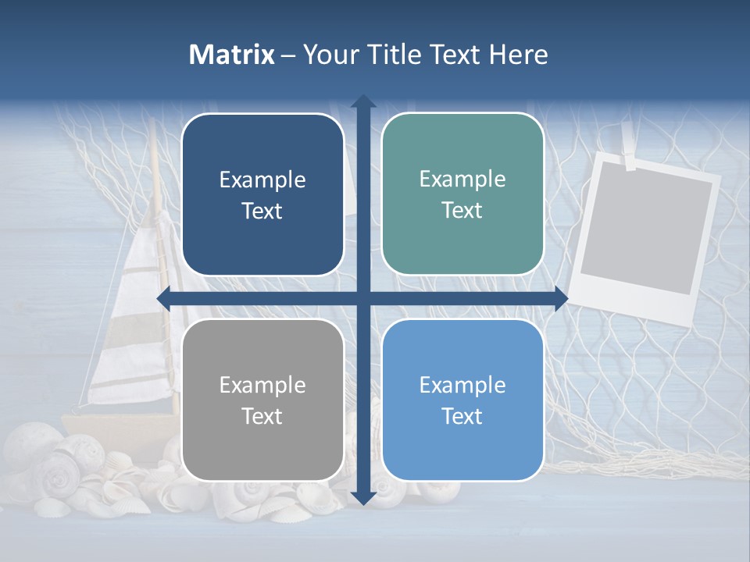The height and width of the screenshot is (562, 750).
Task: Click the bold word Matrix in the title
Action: (232, 55)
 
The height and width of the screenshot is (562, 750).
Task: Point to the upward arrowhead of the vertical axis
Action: (363, 101)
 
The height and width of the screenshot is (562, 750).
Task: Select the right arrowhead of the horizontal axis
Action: (560, 299)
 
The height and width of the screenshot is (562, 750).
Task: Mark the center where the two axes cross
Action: (363, 299)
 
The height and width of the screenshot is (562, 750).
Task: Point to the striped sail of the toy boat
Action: (141, 328)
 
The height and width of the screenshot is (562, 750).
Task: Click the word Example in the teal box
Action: (462, 180)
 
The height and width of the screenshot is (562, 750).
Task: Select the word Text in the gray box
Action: (262, 417)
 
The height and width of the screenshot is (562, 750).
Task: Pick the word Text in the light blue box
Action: (462, 417)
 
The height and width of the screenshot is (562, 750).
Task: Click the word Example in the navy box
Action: (262, 180)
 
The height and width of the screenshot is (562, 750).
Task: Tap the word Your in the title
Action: (327, 55)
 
